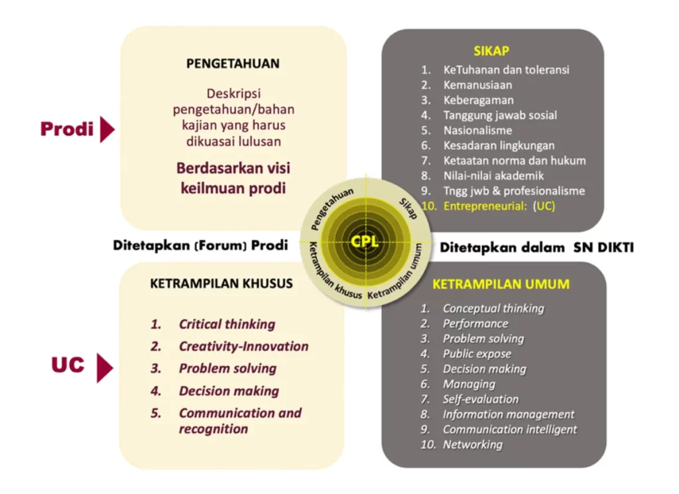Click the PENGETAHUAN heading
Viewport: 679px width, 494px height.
[x=233, y=64]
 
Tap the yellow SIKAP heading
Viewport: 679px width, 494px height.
[x=491, y=51]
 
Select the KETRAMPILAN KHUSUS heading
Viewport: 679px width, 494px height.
[x=221, y=284]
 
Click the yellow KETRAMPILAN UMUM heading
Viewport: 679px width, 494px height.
[x=501, y=284]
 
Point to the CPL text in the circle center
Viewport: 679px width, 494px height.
[x=365, y=241]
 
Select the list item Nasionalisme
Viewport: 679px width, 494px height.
[x=477, y=130]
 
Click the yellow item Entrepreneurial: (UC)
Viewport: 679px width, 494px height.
[x=499, y=206]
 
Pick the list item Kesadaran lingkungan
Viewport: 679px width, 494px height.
[x=499, y=145]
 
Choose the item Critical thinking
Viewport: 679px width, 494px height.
[x=227, y=324]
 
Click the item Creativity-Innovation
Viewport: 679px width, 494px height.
[x=243, y=346]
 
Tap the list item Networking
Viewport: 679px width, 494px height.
[x=472, y=444]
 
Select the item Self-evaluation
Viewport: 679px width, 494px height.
[x=481, y=399]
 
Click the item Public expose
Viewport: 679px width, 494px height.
[x=477, y=353]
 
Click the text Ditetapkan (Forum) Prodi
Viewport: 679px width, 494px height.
[x=200, y=246]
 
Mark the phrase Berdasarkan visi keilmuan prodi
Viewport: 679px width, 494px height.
[x=233, y=178]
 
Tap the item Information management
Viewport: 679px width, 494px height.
[x=509, y=414]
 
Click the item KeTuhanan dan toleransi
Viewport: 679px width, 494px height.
[x=506, y=69]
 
